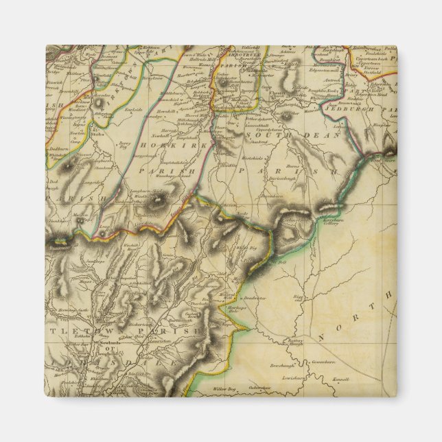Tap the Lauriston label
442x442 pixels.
tap(169, 332)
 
